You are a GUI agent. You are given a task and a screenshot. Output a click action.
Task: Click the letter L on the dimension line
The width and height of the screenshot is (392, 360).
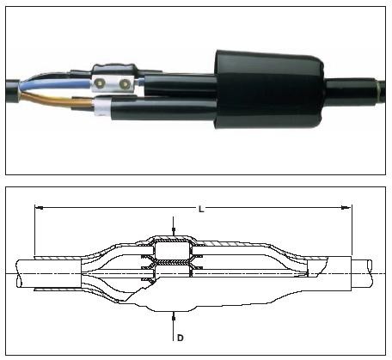[201, 210]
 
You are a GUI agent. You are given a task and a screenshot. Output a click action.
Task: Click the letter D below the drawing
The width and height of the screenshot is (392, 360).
[181, 338]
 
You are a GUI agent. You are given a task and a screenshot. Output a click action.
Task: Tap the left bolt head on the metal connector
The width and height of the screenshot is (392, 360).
[101, 82]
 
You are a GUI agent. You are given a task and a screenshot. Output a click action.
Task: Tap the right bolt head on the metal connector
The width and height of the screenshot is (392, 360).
[124, 83]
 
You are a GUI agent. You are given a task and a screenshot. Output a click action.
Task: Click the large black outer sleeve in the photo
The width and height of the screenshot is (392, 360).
[269, 90]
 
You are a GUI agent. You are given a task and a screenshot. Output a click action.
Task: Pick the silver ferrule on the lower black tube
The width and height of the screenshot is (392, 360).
[102, 107]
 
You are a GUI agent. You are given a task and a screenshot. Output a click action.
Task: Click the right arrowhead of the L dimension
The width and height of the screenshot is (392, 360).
[346, 208]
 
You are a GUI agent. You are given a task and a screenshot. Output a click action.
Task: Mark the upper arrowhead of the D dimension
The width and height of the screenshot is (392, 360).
[174, 230]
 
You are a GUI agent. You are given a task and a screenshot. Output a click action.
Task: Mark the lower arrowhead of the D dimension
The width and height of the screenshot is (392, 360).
[174, 316]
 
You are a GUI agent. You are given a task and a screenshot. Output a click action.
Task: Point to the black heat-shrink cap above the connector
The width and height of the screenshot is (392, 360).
[114, 70]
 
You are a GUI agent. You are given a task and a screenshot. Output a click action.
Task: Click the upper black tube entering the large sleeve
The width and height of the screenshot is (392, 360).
[180, 85]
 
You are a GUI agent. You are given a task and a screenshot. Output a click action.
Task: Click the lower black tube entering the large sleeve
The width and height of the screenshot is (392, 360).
[163, 109]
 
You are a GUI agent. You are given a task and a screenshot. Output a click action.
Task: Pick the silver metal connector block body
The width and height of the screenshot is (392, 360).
[113, 83]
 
